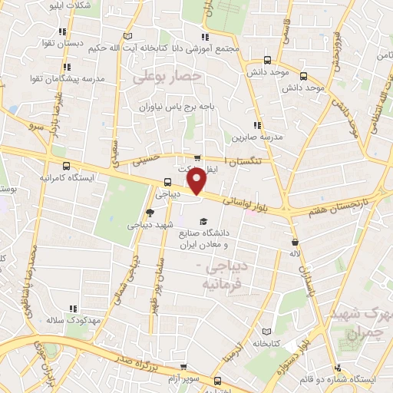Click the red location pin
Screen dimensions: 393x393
click(196, 182)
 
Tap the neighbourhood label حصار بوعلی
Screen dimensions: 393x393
click(167, 78)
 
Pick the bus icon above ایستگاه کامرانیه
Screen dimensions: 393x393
click(67, 165)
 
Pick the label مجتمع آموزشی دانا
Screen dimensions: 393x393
click(204, 48)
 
